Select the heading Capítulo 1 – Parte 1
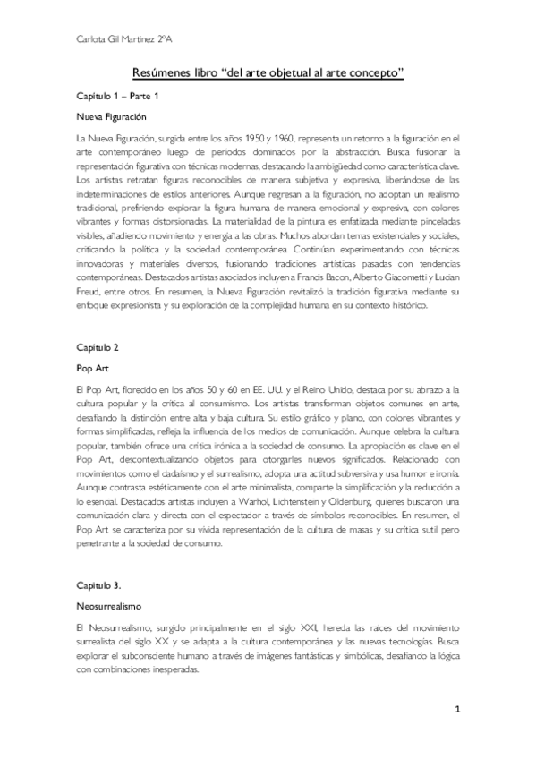click(117, 96)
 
